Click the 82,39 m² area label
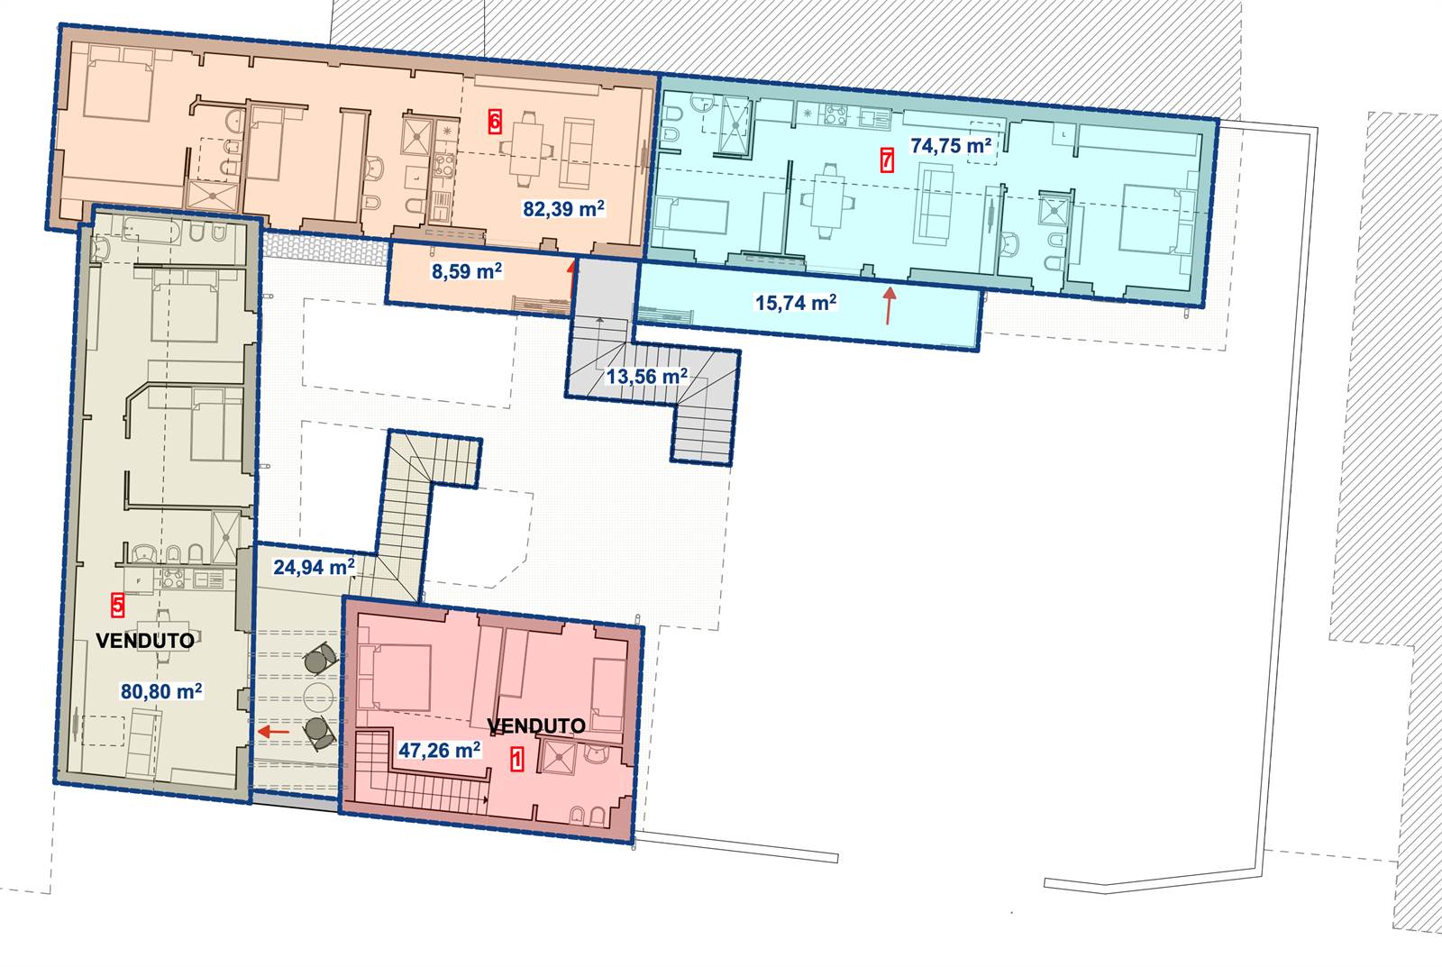coord(563,208)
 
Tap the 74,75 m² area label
coord(950,145)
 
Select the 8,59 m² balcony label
coord(467,271)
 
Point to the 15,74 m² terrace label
coord(796,302)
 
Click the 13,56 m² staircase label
coord(647,376)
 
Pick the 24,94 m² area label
coord(315,567)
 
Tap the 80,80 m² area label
coord(161,691)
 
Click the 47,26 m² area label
coord(440,750)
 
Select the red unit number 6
coord(495,121)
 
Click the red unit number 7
coord(887,160)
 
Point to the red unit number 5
coord(117,605)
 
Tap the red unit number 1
coord(517,759)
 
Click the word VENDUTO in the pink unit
coord(536,726)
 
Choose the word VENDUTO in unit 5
coord(145,641)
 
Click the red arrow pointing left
coord(274,732)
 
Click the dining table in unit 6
coord(526,150)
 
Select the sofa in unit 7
coord(935,204)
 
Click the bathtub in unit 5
coord(152,231)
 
